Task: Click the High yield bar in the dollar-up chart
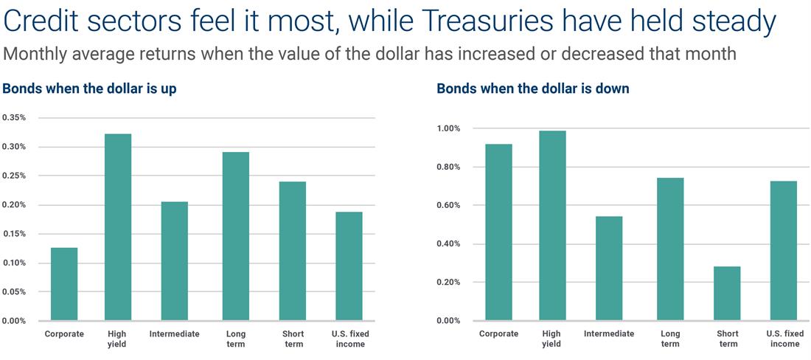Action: click(118, 227)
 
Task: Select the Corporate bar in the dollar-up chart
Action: click(64, 284)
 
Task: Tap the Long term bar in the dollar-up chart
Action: click(236, 236)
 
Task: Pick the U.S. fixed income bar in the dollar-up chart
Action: click(349, 266)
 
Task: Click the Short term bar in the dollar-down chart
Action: click(727, 294)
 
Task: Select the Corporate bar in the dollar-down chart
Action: click(498, 232)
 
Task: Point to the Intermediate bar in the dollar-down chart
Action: click(609, 269)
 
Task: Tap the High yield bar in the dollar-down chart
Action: click(552, 226)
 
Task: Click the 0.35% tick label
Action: click(15, 117)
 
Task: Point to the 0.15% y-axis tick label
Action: click(15, 234)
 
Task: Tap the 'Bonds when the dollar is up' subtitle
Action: click(89, 89)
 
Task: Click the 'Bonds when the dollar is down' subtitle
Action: click(533, 89)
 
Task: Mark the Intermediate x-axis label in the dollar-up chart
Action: click(174, 333)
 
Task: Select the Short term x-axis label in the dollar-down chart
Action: click(727, 339)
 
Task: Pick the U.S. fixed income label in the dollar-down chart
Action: click(784, 339)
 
